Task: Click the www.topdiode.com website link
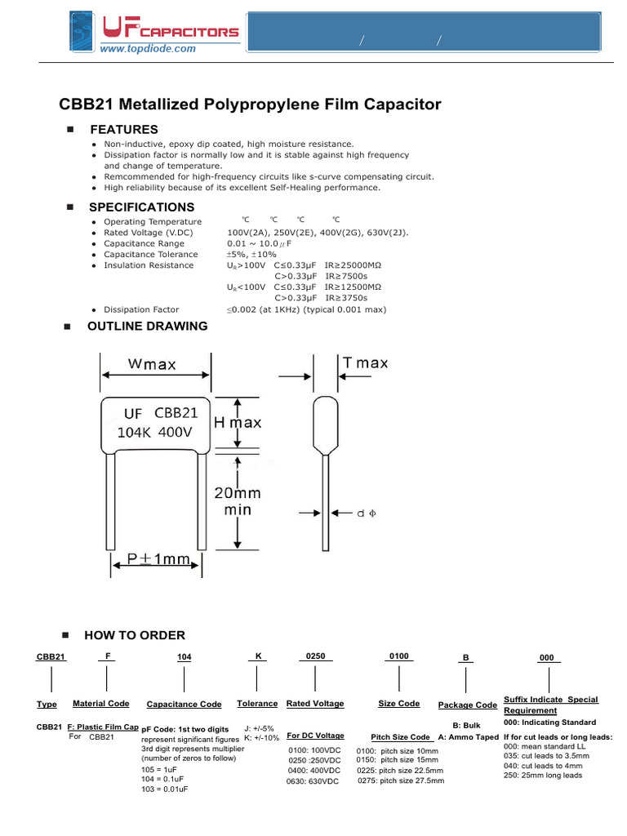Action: click(148, 49)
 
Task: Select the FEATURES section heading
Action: click(124, 130)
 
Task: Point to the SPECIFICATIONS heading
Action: click(142, 207)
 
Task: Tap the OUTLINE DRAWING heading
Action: click(148, 327)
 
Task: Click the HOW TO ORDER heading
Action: click(135, 635)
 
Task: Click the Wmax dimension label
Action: click(153, 364)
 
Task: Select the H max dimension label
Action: click(238, 423)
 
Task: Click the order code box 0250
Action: click(315, 656)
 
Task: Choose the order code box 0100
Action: click(398, 656)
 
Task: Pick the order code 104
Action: click(184, 657)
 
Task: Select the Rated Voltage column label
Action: click(315, 704)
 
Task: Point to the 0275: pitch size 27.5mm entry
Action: click(401, 780)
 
